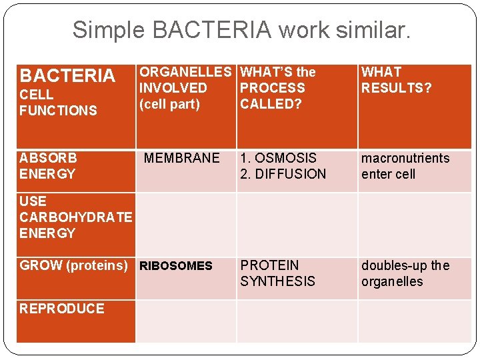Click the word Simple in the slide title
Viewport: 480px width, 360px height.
point(108,29)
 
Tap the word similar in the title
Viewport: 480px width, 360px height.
point(374,29)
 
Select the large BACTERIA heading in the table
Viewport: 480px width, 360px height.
point(67,75)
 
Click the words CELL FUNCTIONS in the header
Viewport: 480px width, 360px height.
point(58,103)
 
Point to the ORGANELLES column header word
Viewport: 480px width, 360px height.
point(185,72)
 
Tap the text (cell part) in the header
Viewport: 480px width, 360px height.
point(169,104)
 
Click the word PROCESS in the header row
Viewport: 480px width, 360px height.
point(272,88)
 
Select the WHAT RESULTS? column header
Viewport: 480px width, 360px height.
point(396,80)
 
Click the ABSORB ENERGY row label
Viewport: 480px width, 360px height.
point(48,166)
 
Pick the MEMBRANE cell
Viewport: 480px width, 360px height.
point(181,158)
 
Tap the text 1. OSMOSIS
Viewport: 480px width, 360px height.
point(279,158)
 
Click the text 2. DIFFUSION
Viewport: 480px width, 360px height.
point(283,174)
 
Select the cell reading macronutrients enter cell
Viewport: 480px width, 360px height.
point(405,166)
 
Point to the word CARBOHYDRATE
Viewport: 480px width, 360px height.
point(76,217)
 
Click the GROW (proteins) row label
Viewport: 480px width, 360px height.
point(73,265)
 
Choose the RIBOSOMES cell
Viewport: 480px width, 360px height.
point(175,266)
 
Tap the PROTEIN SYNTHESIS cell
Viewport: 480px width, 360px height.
point(277,273)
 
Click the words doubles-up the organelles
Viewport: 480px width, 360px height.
point(405,273)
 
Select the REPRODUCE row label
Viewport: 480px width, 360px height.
point(62,309)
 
